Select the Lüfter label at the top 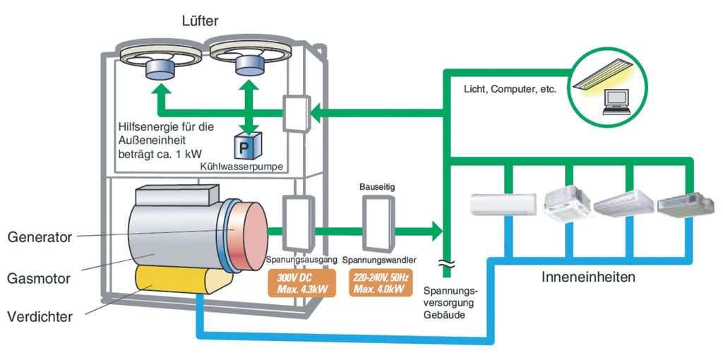pyautogui.click(x=200, y=21)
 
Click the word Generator pyautogui.click(x=40, y=237)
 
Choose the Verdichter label pyautogui.click(x=40, y=317)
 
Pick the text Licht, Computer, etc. pyautogui.click(x=510, y=90)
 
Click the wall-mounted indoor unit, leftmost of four pyautogui.click(x=498, y=203)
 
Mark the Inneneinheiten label pyautogui.click(x=588, y=277)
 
